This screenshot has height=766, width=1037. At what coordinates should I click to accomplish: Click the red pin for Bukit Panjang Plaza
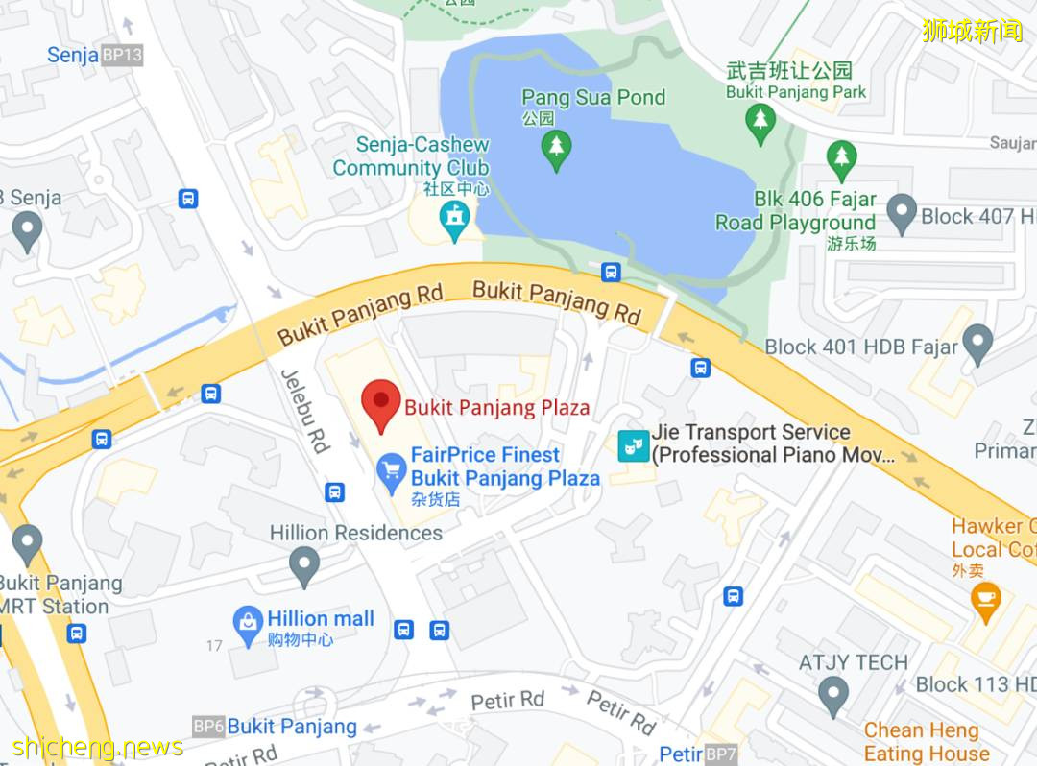380,404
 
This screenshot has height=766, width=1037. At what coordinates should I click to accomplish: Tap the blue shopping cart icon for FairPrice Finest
391,469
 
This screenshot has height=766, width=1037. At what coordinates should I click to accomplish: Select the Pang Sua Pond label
592,97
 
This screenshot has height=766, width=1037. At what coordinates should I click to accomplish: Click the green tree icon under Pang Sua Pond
556,149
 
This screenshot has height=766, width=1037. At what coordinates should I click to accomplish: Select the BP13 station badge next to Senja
122,55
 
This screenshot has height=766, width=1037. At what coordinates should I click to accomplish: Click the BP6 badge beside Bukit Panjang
208,727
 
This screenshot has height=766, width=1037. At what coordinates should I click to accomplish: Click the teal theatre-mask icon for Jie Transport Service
633,444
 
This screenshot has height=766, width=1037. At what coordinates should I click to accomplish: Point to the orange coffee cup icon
985,600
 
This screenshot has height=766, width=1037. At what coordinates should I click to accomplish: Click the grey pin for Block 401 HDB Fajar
977,343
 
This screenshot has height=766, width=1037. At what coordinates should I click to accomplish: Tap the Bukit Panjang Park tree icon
760,122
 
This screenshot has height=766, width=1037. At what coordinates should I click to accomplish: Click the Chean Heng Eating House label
921,742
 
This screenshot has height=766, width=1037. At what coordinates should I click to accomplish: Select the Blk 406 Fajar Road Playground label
796,211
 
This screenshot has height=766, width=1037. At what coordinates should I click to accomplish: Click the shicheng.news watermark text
98,747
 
